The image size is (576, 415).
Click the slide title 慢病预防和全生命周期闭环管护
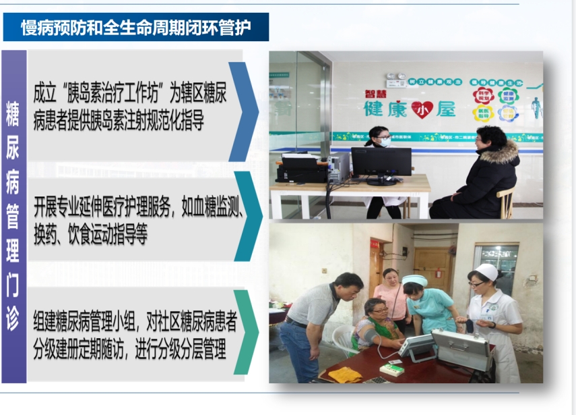pyautogui.click(x=135, y=28)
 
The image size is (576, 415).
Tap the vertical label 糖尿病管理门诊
pyautogui.click(x=13, y=216)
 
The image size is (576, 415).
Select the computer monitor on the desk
pyautogui.click(x=381, y=163)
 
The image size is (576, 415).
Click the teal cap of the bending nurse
pyautogui.click(x=415, y=280)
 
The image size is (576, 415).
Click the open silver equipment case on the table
pyautogui.click(x=461, y=346)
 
